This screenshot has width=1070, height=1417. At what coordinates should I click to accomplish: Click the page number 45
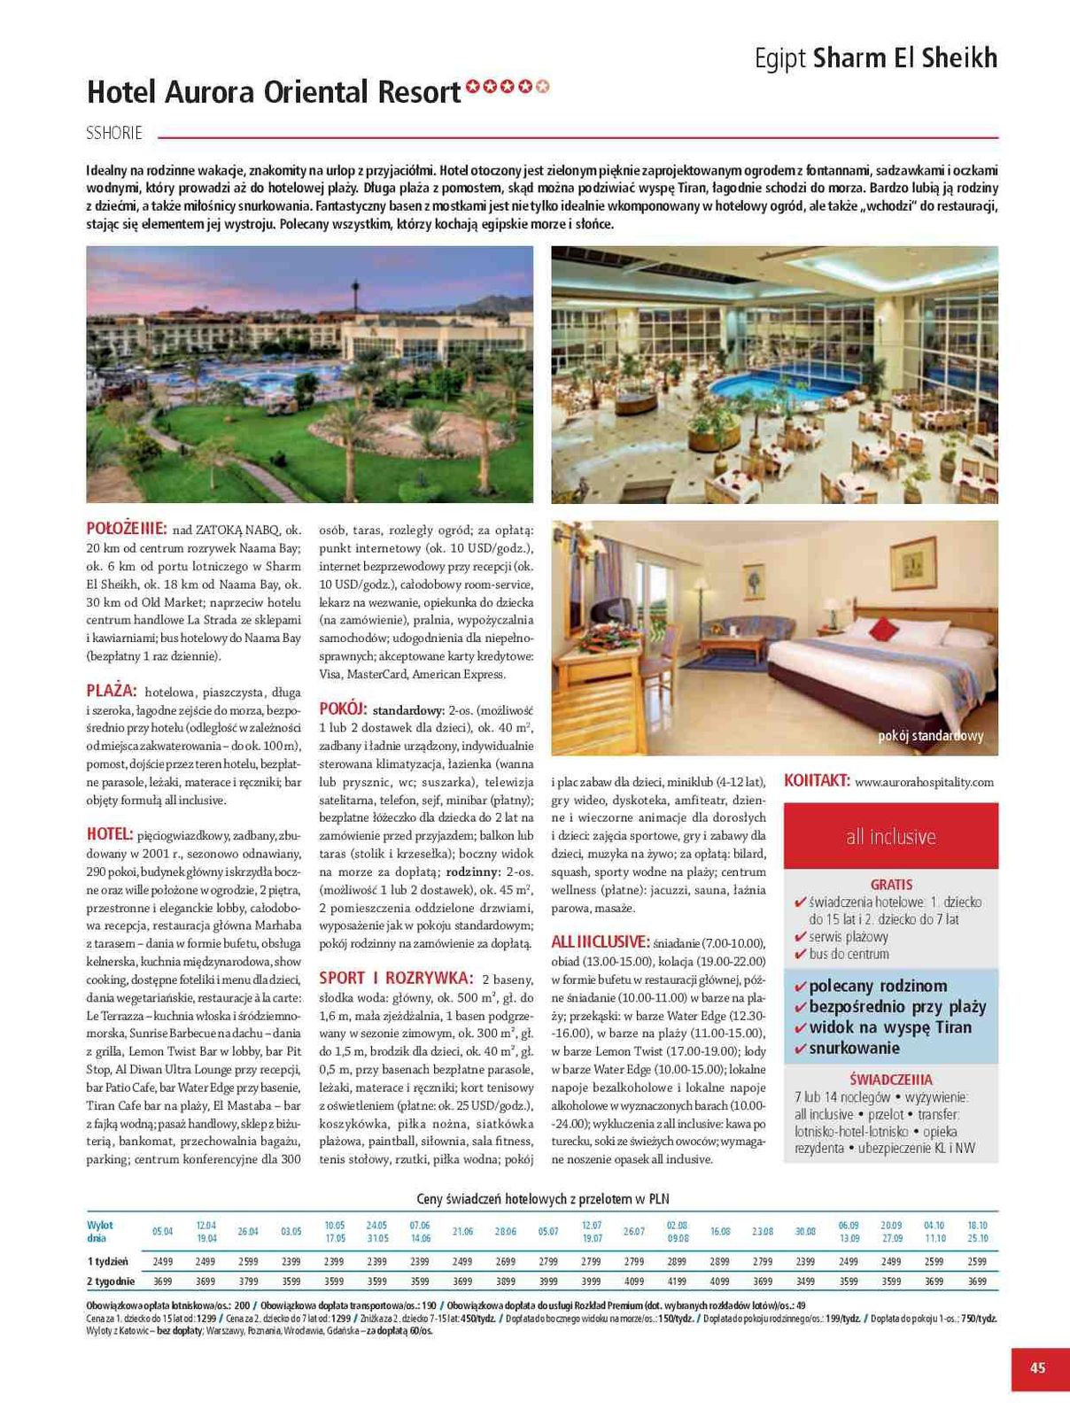click(1037, 1367)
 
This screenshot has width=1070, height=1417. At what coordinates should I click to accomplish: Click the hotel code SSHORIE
click(114, 134)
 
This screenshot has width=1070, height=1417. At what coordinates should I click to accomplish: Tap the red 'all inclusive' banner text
click(890, 836)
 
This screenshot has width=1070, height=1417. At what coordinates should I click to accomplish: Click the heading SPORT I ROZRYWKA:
click(395, 978)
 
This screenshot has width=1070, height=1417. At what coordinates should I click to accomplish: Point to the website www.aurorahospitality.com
click(924, 782)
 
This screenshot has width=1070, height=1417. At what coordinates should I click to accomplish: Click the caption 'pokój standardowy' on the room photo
click(930, 736)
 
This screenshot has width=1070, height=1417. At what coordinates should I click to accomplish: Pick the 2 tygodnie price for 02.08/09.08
click(677, 1281)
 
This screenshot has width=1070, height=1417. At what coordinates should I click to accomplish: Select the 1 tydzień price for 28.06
click(505, 1261)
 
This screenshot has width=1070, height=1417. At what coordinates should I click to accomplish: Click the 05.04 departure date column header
click(162, 1231)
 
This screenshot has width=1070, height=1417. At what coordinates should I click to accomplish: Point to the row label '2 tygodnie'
click(111, 1281)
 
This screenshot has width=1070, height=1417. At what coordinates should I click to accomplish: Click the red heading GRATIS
click(891, 884)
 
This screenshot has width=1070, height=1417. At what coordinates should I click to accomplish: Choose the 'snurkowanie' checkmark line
click(853, 1049)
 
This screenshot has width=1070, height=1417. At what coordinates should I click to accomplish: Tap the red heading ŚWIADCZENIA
click(890, 1080)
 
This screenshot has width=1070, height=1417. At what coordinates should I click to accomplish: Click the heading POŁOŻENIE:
click(126, 529)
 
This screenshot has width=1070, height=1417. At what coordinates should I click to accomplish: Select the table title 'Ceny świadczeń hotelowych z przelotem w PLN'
click(542, 1198)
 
